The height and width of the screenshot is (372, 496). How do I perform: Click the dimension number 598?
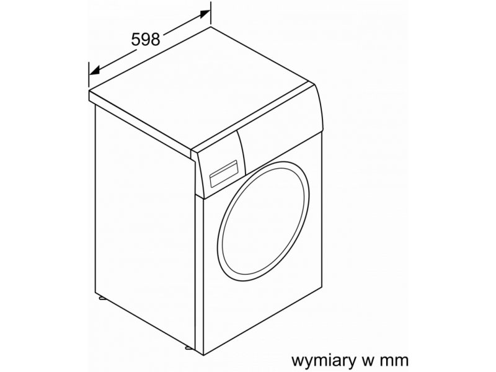tap(146, 39)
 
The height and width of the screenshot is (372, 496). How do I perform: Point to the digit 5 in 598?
tap(136, 39)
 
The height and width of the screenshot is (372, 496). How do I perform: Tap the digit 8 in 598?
tap(156, 39)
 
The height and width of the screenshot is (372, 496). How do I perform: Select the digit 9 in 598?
tap(146, 39)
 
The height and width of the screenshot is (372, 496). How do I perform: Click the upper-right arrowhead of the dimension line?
tap(205, 14)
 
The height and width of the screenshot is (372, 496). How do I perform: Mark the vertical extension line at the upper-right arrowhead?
tap(211, 13)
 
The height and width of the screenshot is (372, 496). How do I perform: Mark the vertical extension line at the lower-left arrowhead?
tap(89, 74)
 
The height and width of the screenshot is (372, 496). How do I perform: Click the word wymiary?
tap(327, 360)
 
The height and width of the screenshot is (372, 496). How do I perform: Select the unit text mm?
tap(395, 360)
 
